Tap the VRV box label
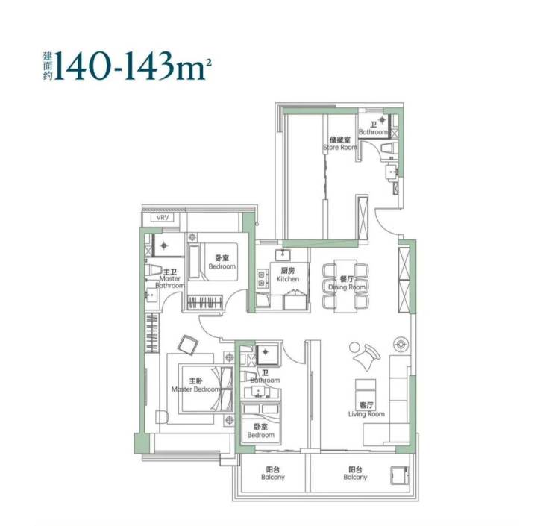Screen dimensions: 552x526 coord(163,218)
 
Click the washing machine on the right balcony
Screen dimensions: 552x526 coord(400,475)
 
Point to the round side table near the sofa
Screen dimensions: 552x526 coord(401,344)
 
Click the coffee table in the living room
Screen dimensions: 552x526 coord(366,389)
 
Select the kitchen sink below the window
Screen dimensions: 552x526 coord(282,254)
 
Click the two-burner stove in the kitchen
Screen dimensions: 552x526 coord(261,278)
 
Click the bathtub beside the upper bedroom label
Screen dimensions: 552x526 coord(194,262)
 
